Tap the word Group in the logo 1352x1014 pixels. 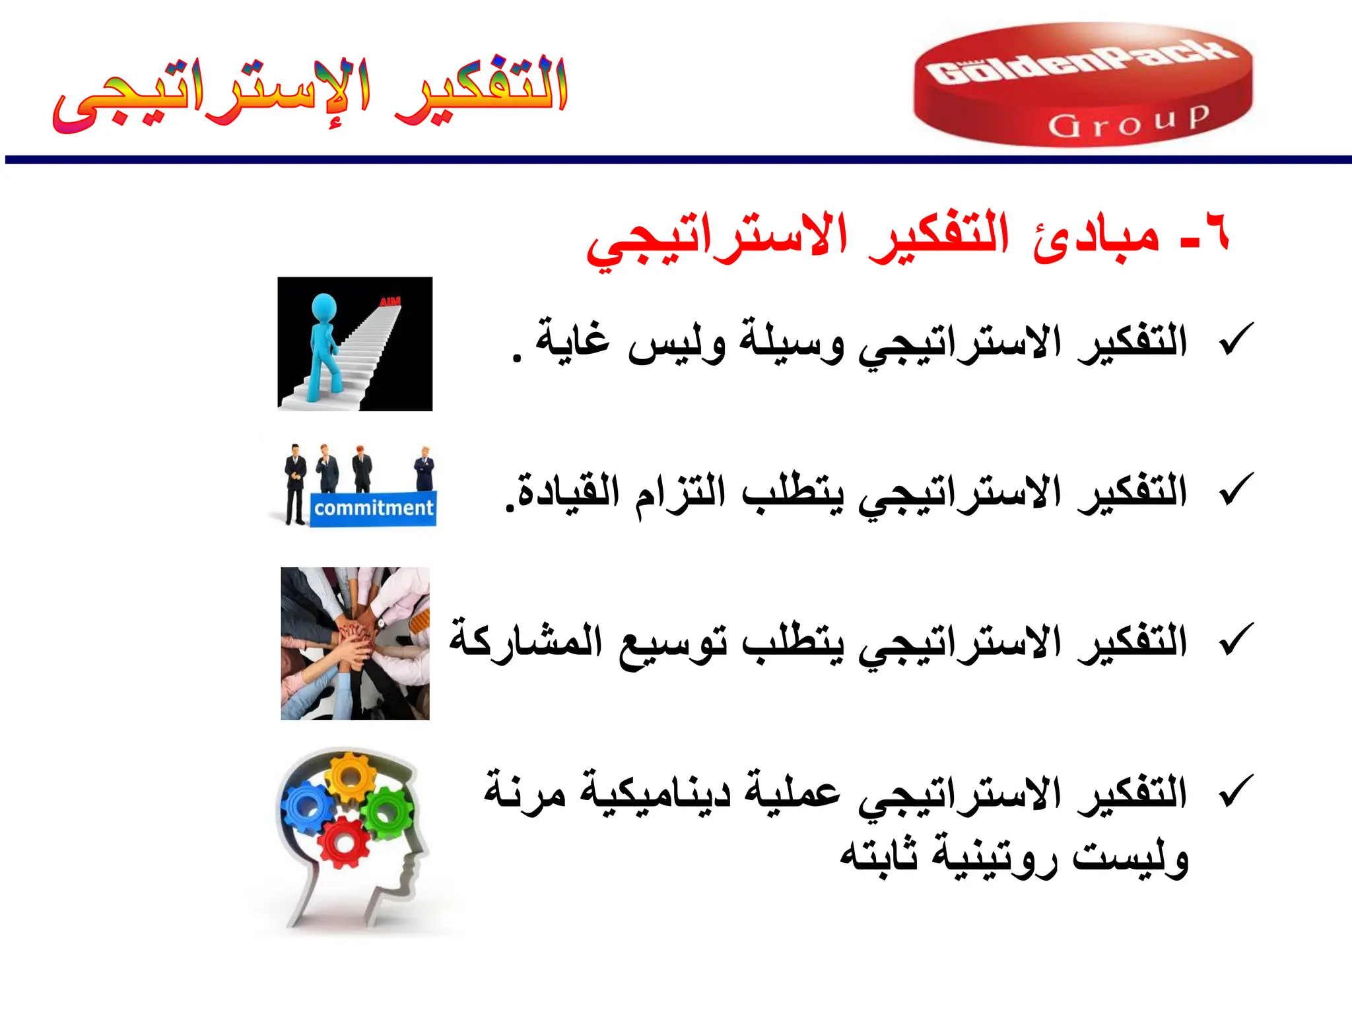click(1129, 121)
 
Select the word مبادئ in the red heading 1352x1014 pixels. click(1097, 238)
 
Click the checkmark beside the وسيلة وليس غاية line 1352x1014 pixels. click(1236, 339)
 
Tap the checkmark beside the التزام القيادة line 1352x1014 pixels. click(1236, 490)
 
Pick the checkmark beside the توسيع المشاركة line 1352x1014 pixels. click(1236, 640)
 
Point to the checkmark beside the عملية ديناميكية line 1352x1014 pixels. click(1236, 790)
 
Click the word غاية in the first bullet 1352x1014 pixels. click(573, 339)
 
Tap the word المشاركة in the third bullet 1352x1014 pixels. click(525, 640)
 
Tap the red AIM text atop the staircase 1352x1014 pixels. click(390, 302)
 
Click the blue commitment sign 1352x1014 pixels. click(373, 508)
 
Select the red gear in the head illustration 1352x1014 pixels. click(343, 842)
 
